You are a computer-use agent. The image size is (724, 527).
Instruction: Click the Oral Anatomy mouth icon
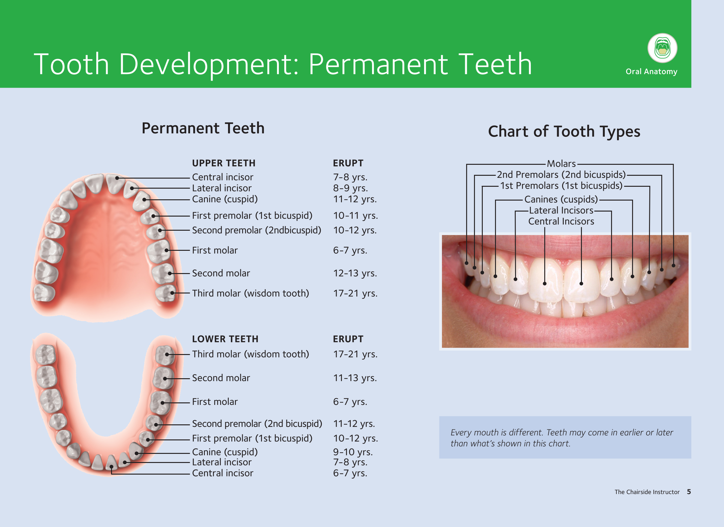click(663, 48)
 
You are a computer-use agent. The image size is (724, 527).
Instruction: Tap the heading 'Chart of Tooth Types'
click(564, 131)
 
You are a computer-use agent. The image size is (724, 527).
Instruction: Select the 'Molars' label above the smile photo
click(561, 164)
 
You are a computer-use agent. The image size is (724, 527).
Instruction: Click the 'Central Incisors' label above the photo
click(561, 221)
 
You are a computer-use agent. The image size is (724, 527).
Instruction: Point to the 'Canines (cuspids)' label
click(561, 199)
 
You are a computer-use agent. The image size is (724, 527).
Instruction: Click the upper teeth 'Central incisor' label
click(222, 177)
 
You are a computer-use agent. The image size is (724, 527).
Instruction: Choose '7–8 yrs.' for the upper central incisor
click(350, 177)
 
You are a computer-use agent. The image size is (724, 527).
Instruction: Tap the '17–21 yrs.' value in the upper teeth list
click(355, 293)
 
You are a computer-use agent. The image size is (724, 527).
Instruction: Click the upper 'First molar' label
click(215, 250)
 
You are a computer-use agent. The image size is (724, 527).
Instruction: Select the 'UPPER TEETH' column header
click(224, 163)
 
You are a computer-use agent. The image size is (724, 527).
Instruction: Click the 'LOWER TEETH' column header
click(225, 339)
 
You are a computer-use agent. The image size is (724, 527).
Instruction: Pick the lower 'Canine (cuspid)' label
click(225, 452)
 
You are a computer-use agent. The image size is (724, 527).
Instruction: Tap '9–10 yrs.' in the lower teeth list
click(353, 452)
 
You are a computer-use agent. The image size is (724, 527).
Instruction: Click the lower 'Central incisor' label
click(222, 473)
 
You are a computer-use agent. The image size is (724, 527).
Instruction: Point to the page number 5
click(689, 492)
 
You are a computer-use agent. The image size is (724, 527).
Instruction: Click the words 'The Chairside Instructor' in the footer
click(647, 492)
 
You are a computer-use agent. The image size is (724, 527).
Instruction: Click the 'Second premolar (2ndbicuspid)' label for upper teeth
click(257, 230)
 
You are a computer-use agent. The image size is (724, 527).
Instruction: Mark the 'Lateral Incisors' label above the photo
click(561, 211)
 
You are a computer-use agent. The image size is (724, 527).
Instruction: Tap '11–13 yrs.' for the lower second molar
click(355, 378)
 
